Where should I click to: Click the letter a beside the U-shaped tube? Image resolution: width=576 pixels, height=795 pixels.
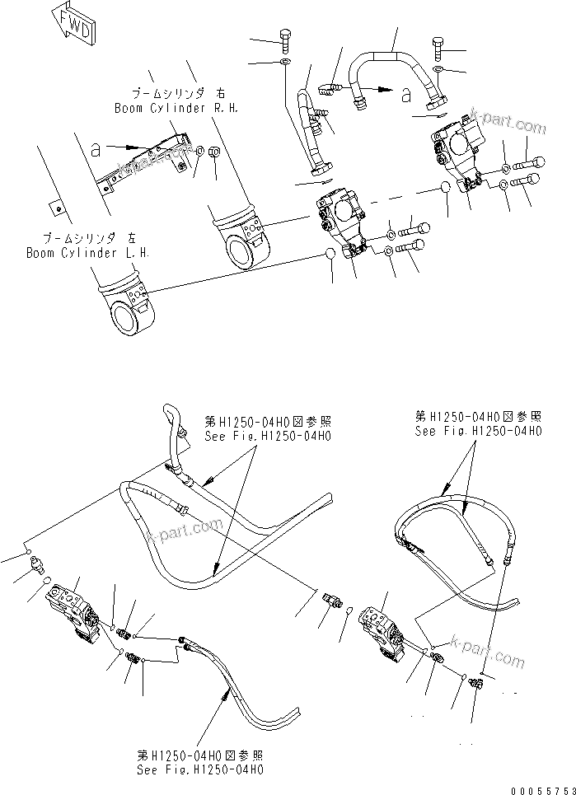(x=405, y=96)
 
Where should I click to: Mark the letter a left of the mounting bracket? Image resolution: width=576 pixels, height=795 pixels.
(x=96, y=150)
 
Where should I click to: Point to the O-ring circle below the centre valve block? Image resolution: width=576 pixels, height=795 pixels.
(x=330, y=254)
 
